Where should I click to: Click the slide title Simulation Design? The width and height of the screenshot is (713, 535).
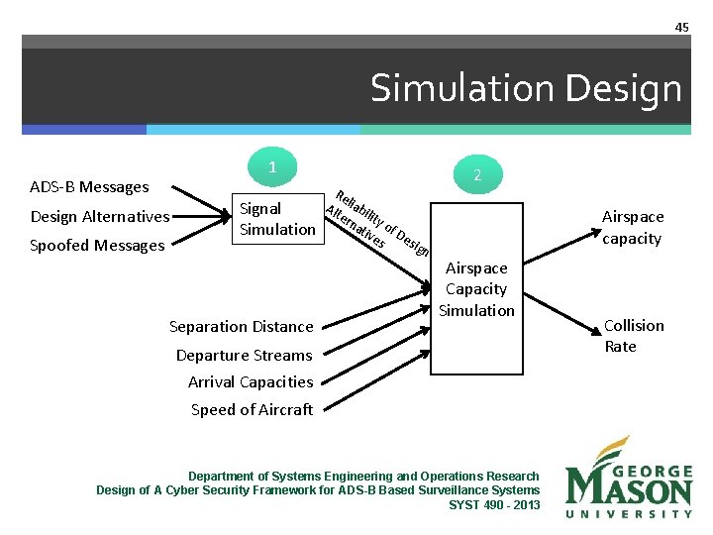pos(526,89)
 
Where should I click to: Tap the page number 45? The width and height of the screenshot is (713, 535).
pos(681,27)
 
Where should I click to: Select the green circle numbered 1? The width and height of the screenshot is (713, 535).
pos(272,167)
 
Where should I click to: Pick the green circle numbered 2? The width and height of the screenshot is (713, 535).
pos(476,174)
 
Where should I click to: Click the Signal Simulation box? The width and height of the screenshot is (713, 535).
pos(276,219)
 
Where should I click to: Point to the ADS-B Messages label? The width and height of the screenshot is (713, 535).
pos(89,186)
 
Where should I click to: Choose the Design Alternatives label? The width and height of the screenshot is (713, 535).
pos(100,217)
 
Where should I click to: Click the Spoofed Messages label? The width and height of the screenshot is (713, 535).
pos(97,246)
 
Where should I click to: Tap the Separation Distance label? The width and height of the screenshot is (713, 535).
pos(241,326)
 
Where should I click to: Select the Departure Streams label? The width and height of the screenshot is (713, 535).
pos(244,355)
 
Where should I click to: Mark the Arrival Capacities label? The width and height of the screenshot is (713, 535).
pos(250,381)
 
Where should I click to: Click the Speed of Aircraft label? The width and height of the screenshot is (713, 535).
pos(252,409)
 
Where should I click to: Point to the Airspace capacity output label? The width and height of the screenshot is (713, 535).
pos(633,227)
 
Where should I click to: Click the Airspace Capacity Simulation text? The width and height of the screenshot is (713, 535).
pos(476,289)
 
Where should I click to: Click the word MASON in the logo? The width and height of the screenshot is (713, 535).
pos(629,486)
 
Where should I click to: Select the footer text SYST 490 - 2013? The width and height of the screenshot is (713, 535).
pos(494,504)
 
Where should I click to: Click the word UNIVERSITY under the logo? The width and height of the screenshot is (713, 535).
pos(629,514)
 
